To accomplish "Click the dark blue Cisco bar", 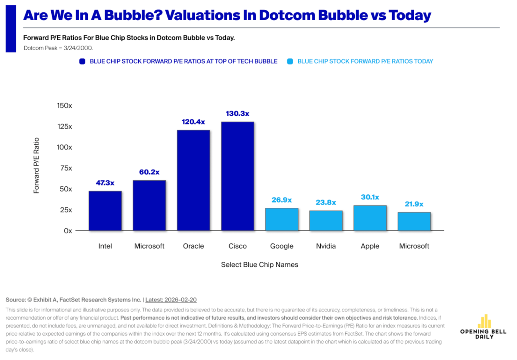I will pos(238,176).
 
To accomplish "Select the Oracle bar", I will pos(193,180).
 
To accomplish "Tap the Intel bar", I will pos(105,211).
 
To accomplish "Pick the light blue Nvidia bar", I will pos(326,221).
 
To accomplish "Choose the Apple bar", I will pos(370,218).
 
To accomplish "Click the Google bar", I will pos(281,219).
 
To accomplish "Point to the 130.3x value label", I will pos(238,113).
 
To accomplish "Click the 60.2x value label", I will pos(149,172).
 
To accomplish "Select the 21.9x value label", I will pos(414,204).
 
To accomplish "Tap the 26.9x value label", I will pos(281,200).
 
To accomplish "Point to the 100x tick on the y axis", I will pos(64,147).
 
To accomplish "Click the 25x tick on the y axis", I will pos(66,210).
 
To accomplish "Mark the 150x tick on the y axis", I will pos(64,106).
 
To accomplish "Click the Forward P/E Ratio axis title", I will pos(36,165).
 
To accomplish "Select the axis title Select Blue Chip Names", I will pos(260,265).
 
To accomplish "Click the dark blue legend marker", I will pos(82,61).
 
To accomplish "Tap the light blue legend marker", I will pos(290,61).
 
